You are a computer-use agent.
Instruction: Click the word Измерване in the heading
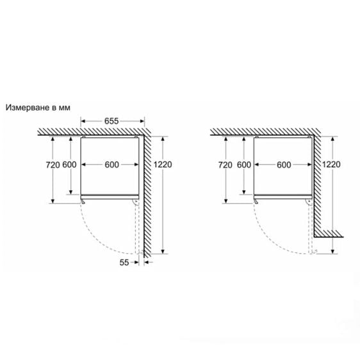pos(29,108)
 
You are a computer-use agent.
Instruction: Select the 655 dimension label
pos(112,120)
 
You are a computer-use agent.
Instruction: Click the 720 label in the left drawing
pos(53,165)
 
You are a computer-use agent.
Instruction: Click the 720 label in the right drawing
pos(225,165)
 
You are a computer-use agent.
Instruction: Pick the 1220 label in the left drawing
pos(164,165)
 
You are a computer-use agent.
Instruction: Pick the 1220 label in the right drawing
pos(331,164)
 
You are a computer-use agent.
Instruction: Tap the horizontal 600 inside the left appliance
pos(112,165)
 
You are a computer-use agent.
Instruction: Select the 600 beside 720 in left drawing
pos(70,165)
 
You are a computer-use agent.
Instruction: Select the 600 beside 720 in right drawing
pos(243,165)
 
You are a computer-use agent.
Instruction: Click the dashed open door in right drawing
pos(311,227)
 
